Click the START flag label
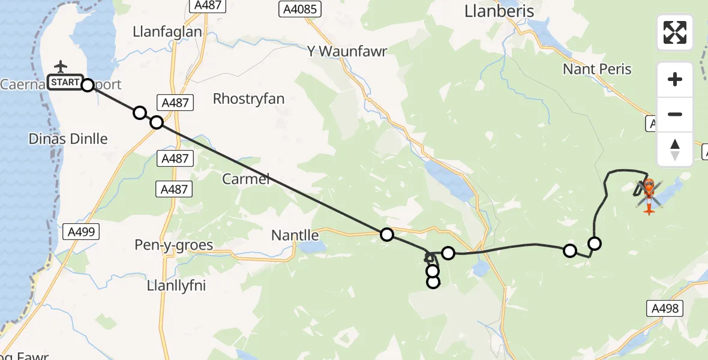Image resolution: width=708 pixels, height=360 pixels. (64, 82)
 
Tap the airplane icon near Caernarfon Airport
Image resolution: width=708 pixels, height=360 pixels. (61, 67)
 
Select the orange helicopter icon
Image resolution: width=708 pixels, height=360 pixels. (649, 193)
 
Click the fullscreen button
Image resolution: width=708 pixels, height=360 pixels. (675, 32)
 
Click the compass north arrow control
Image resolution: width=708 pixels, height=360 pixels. (675, 149)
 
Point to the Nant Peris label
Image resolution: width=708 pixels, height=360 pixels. (597, 69)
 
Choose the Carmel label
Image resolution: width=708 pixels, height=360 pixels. (246, 179)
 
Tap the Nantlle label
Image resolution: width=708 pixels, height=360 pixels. (293, 235)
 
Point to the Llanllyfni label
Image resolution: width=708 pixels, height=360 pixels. (176, 286)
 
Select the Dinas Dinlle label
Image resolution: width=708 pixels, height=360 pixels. (68, 139)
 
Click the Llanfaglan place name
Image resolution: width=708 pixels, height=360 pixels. (168, 32)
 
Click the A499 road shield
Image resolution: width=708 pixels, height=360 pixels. (81, 232)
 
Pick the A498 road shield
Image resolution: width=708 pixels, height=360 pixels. (666, 308)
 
